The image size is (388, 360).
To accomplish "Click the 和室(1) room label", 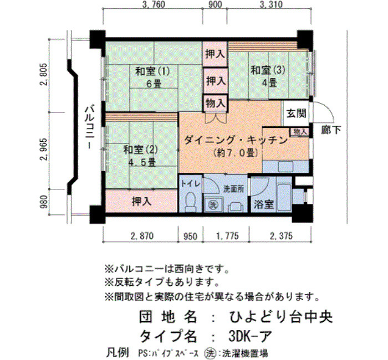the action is tap(152, 71).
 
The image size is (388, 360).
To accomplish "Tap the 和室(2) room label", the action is tap(140, 150).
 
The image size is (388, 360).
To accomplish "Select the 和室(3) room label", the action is tap(268, 70).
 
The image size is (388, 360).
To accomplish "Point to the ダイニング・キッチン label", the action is tap(236, 141).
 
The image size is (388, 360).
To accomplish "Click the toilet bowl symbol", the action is tap(190, 202).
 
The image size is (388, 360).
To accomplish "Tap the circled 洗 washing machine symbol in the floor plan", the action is tap(212, 204).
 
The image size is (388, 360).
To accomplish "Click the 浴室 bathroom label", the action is tap(264, 204).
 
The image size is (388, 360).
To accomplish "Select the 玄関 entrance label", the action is tap(297, 113).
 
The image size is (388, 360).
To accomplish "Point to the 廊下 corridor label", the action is tap(331, 130).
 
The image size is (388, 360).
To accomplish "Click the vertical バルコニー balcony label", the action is tap(89, 127).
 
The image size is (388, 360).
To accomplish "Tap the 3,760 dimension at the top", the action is tap(154, 4).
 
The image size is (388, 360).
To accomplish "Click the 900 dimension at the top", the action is tap(215, 4).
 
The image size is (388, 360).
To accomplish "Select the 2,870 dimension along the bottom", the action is tap(142, 236).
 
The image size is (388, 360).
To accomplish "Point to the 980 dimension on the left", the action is tap(43, 202).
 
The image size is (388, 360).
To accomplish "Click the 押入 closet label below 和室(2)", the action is tap(141, 201).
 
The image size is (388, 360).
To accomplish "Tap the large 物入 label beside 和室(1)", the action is tap(216, 103).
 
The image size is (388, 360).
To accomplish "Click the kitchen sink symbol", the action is tap(285, 167).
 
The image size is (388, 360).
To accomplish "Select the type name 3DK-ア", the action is tap(250, 336).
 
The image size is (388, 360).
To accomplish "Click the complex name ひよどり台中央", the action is tap(281, 317).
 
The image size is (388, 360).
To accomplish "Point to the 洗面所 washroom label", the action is tap(234, 189).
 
